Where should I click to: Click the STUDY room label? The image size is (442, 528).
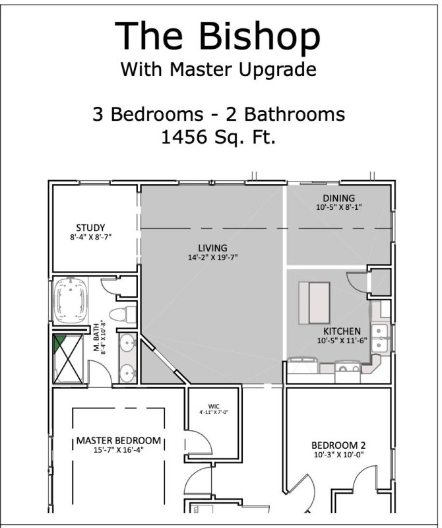tap(90, 228)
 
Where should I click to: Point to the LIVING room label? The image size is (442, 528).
tap(212, 247)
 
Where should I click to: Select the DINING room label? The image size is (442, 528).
tap(338, 198)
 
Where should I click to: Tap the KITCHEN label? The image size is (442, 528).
tap(341, 331)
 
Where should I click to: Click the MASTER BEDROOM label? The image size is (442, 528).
tap(118, 440)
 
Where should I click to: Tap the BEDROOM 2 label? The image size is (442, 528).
tap(338, 445)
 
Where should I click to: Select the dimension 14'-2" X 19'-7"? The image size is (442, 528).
tap(212, 257)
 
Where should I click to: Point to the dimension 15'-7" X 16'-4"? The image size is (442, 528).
tap(118, 450)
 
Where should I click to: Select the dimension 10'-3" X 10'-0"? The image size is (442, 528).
tap(338, 454)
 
